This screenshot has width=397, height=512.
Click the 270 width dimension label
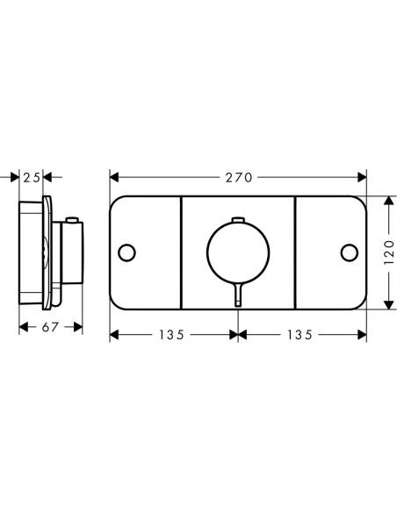pyautogui.click(x=239, y=178)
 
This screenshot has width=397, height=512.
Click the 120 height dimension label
pyautogui.click(x=389, y=252)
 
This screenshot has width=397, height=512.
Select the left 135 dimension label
pyautogui.click(x=171, y=335)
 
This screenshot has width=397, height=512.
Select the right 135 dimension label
pyautogui.click(x=300, y=335)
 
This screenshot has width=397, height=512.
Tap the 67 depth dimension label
pyautogui.click(x=50, y=327)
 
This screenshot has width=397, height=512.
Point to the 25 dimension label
pyautogui.click(x=32, y=178)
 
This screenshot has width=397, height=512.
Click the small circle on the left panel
pyautogui.click(x=126, y=252)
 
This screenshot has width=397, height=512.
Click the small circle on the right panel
pyautogui.click(x=350, y=252)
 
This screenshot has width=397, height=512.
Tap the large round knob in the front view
pyautogui.click(x=238, y=222)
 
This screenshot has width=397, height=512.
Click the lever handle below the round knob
pyautogui.click(x=238, y=295)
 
